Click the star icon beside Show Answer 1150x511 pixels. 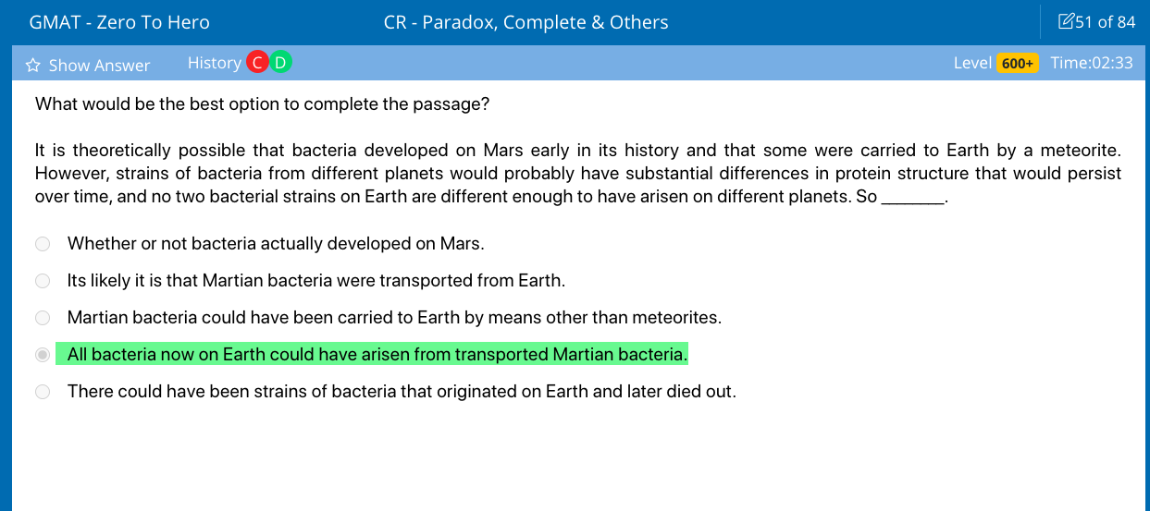(x=33, y=65)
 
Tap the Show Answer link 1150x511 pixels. (x=99, y=65)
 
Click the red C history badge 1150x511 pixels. (x=258, y=63)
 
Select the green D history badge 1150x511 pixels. (x=280, y=63)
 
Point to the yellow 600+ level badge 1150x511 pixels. (x=1017, y=63)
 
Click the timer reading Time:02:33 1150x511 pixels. (x=1092, y=63)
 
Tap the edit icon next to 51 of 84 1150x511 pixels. (x=1066, y=21)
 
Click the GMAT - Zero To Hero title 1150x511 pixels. (x=119, y=22)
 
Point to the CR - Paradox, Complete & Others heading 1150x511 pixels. (x=526, y=22)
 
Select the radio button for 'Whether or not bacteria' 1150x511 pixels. (x=43, y=244)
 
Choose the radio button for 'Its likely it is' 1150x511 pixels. (x=43, y=281)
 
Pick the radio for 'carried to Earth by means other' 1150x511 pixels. (x=43, y=318)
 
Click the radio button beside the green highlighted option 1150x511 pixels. (x=43, y=355)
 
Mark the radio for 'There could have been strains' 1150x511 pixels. (x=43, y=392)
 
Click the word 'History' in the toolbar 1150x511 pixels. (x=214, y=63)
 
